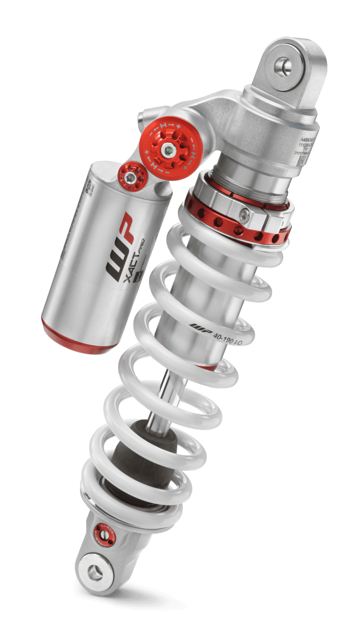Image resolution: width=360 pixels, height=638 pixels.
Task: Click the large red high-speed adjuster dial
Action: (167, 150)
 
